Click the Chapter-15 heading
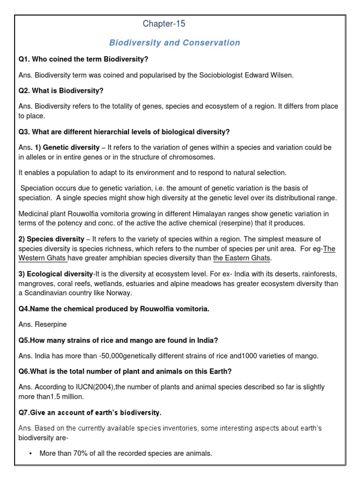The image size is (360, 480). (161, 24)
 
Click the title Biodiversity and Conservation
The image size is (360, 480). (174, 43)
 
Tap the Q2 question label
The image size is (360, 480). (24, 90)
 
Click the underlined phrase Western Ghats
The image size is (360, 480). (42, 258)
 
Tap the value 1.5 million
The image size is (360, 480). (71, 397)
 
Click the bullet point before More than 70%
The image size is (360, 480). (30, 453)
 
